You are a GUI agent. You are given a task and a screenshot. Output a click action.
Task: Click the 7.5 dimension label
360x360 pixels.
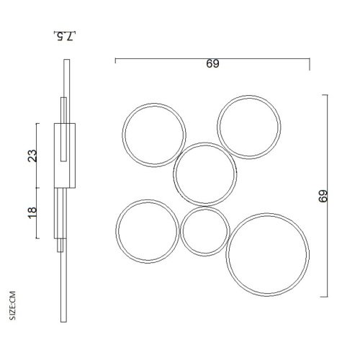click(65, 37)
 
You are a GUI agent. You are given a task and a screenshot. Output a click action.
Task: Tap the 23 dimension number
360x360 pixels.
click(32, 156)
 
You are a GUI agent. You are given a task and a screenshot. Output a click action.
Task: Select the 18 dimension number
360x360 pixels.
click(32, 212)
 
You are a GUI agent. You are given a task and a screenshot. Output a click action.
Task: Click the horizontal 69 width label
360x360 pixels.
click(212, 64)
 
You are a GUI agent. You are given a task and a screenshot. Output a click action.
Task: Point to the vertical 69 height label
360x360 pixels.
click(323, 196)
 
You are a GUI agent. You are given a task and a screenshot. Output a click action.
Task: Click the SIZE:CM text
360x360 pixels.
click(12, 305)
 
